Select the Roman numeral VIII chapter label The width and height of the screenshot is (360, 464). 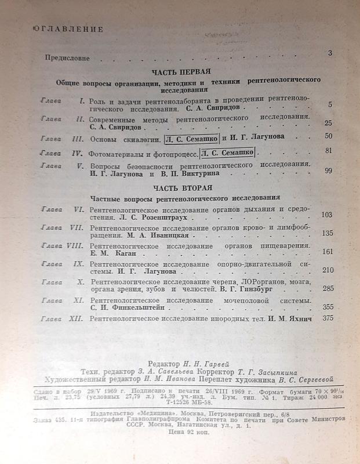[x=77, y=246]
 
